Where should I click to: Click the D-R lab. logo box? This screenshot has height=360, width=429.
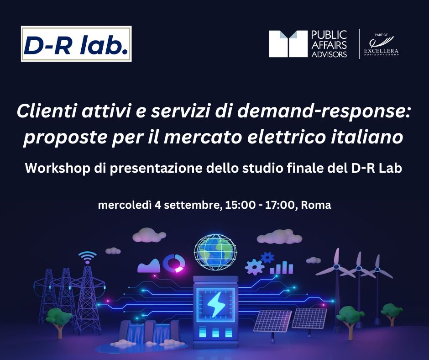point(76,44)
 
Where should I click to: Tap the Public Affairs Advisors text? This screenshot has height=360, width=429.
point(329,44)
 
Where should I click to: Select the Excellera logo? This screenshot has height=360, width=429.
point(381,45)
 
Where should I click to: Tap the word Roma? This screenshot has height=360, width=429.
point(316,205)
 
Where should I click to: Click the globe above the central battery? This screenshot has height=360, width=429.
point(215,252)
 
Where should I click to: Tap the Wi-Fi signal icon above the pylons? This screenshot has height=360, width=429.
point(87,258)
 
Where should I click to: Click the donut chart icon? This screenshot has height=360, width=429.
point(174,263)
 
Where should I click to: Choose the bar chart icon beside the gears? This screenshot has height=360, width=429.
point(281,267)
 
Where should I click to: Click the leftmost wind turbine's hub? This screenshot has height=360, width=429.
point(337,266)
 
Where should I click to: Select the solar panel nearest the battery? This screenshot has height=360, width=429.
point(272,321)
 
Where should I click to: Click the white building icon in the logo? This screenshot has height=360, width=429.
point(288,44)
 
